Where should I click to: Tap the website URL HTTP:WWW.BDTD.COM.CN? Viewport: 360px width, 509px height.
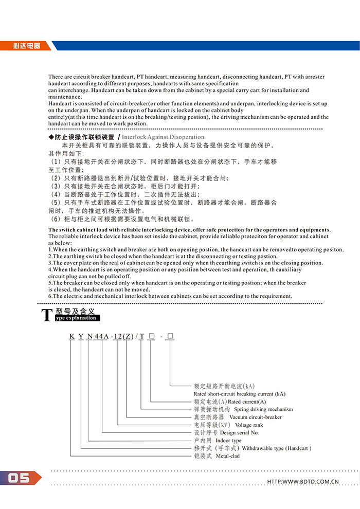pos(303,482)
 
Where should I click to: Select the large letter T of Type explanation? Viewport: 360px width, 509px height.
pos(47,315)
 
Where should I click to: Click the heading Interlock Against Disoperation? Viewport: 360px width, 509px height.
pos(163,137)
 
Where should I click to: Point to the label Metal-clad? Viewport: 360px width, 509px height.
pos(228,456)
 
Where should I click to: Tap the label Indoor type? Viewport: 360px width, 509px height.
pos(228,441)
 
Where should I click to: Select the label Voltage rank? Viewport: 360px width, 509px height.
pos(249,425)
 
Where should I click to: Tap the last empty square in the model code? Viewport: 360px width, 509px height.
pos(170,337)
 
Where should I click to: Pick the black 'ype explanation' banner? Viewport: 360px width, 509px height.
pos(76,318)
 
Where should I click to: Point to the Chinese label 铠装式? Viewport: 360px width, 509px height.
pos(203,456)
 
